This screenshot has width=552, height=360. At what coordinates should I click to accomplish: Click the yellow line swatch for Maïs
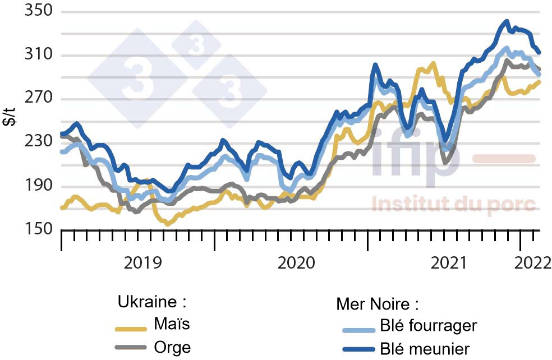pyautogui.click(x=131, y=329)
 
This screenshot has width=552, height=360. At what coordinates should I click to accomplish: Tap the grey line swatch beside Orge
pyautogui.click(x=131, y=348)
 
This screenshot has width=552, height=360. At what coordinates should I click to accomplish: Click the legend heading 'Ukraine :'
pyautogui.click(x=151, y=302)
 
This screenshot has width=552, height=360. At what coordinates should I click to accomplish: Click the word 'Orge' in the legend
pyautogui.click(x=172, y=347)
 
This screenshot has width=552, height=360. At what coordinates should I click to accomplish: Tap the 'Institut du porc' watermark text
pyautogui.click(x=454, y=205)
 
